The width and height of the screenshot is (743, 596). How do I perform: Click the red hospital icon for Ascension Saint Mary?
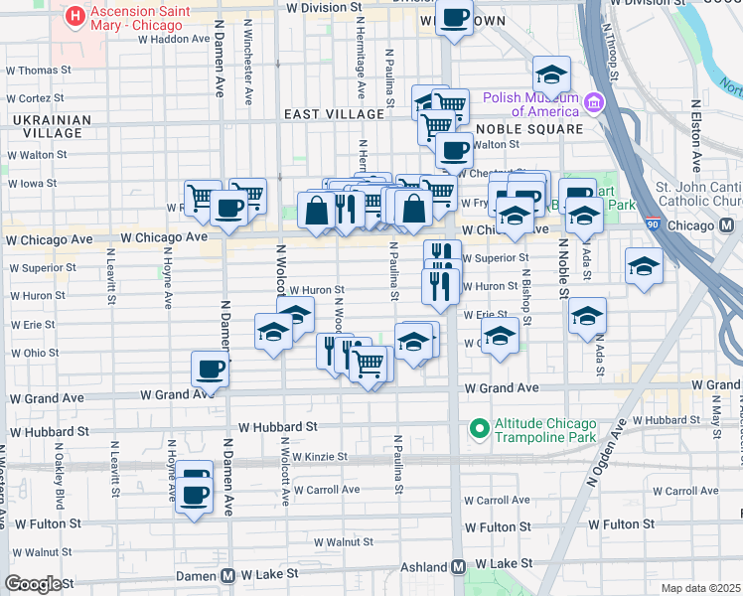click(74, 17)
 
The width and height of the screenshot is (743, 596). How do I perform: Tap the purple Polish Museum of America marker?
click(594, 102)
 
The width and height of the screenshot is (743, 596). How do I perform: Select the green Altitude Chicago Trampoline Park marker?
click(479, 429)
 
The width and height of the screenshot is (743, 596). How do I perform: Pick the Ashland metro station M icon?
click(458, 566)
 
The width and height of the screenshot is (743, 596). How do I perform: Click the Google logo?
click(33, 584)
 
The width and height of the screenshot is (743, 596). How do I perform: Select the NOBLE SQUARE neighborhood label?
click(528, 129)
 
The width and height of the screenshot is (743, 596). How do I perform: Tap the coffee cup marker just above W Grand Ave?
click(211, 369)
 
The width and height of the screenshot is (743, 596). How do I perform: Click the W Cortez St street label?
click(34, 98)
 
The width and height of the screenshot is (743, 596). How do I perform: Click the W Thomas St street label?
click(38, 71)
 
